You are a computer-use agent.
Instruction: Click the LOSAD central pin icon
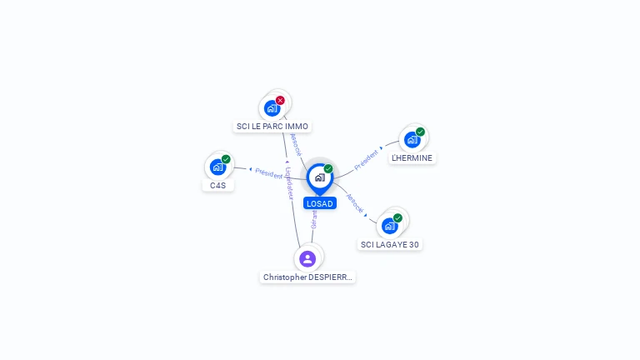(x=318, y=177)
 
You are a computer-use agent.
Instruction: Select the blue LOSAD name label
(x=319, y=203)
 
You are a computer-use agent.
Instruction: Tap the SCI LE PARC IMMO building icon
(x=272, y=107)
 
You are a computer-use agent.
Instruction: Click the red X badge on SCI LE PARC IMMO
(x=280, y=100)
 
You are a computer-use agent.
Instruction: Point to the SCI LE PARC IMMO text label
(x=272, y=127)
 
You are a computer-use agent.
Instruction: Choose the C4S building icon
(x=217, y=167)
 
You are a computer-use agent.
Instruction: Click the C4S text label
(x=217, y=185)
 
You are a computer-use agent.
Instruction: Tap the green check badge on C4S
(x=226, y=159)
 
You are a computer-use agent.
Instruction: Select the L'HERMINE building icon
(x=412, y=140)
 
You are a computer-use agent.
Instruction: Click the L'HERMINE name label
(x=412, y=158)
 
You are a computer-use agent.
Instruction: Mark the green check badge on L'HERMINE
(x=420, y=132)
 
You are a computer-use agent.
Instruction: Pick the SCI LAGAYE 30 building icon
(x=389, y=226)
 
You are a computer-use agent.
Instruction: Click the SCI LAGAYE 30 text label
(x=390, y=244)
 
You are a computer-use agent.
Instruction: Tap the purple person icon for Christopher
(x=307, y=258)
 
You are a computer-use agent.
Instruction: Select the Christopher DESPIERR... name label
(x=307, y=277)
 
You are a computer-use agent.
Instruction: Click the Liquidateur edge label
(x=289, y=182)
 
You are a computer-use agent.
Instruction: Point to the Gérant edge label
(x=314, y=220)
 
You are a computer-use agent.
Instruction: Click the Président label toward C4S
(x=268, y=173)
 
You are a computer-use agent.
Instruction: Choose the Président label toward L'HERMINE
(x=367, y=160)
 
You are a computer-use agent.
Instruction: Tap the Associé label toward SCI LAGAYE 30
(x=355, y=205)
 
